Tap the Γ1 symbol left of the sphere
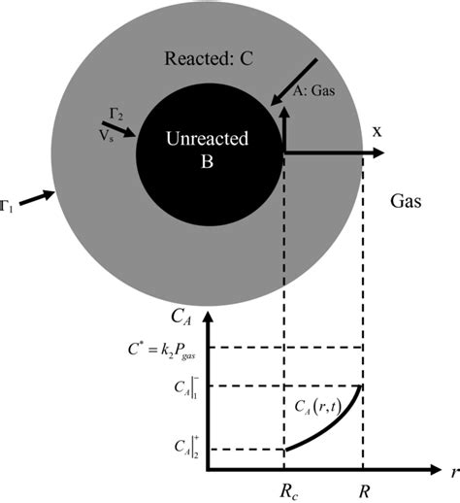(6, 205)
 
